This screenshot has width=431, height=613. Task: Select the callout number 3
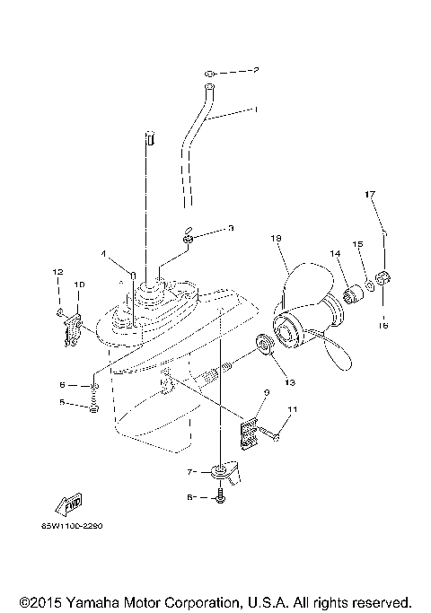click(230, 229)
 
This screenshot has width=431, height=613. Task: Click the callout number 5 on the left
click(62, 403)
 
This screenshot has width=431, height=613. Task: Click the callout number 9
click(266, 392)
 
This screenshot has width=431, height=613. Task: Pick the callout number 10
click(79, 285)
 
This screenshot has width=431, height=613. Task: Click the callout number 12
click(57, 271)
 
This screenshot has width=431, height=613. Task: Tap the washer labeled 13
click(267, 344)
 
